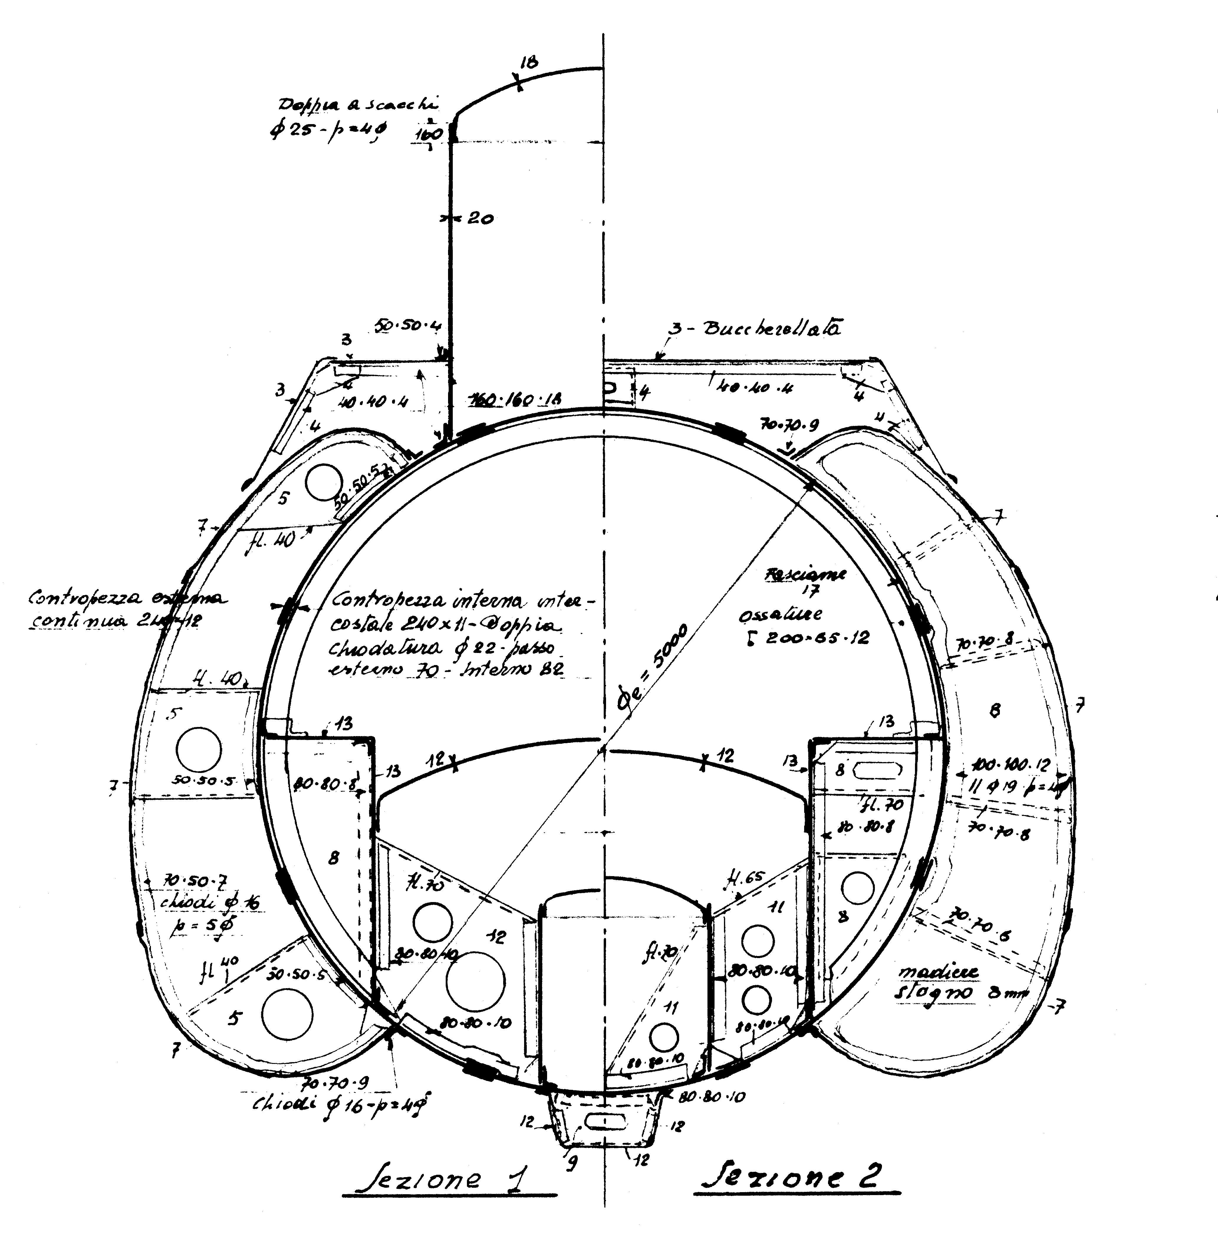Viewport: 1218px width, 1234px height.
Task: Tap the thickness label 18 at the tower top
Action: [x=529, y=62]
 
